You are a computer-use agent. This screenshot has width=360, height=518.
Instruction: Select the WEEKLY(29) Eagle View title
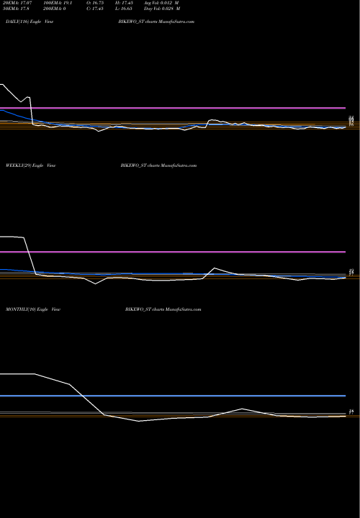(x=31, y=165)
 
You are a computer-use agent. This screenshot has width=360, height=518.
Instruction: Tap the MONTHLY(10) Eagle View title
(x=32, y=308)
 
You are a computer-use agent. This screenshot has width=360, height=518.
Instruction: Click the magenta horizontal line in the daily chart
(x=173, y=107)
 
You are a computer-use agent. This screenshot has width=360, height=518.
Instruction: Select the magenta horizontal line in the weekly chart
(x=173, y=252)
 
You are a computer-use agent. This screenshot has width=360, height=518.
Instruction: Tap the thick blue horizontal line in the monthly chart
(x=173, y=396)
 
